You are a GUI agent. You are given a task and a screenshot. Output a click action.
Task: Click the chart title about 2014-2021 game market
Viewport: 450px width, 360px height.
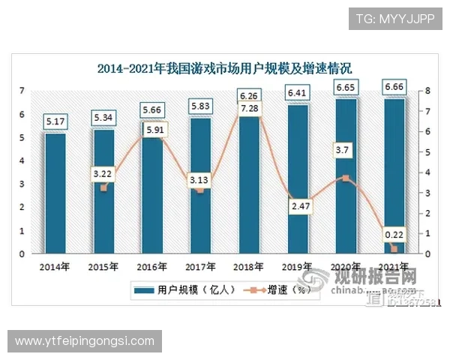click(x=225, y=69)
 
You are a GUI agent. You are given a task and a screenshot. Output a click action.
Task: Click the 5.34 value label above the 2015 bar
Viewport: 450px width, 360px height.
click(x=103, y=118)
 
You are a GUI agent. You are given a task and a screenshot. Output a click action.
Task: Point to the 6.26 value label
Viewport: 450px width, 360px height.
click(x=248, y=96)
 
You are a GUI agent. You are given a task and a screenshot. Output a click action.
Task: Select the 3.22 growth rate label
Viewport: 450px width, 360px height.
click(x=103, y=174)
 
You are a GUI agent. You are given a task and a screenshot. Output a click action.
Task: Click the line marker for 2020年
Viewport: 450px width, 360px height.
click(x=345, y=178)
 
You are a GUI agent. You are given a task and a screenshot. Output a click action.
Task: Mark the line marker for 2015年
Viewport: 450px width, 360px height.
click(x=103, y=187)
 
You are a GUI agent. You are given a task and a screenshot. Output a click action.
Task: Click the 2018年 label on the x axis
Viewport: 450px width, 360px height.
click(x=248, y=266)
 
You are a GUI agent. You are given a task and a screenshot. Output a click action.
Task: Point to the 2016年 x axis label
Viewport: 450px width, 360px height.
click(x=151, y=266)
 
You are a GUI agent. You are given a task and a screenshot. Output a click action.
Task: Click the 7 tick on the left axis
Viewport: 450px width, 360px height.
click(x=23, y=91)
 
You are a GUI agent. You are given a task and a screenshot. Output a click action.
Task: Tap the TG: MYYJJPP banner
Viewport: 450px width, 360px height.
click(x=395, y=18)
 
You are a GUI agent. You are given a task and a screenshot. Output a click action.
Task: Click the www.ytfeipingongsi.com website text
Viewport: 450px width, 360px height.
click(x=84, y=341)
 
